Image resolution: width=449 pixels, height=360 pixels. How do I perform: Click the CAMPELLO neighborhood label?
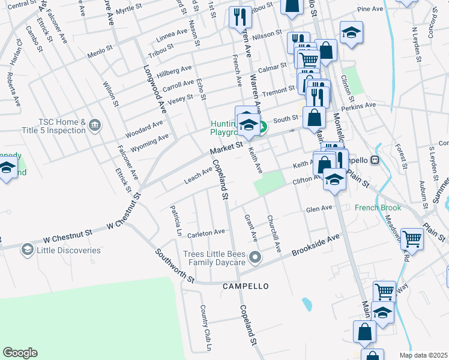246,286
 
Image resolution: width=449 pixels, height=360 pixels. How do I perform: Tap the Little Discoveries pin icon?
27,249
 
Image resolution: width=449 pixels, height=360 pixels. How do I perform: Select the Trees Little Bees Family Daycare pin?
255,257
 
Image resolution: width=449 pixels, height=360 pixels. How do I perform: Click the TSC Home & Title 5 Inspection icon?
94,125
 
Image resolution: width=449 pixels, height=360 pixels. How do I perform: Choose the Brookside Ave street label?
316,244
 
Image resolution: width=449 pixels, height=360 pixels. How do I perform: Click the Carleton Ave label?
206,232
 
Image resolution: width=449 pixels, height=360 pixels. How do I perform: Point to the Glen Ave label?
319,209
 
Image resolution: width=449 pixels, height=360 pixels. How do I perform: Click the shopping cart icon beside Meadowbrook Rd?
412,238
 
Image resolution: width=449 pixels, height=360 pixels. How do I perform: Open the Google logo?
20,353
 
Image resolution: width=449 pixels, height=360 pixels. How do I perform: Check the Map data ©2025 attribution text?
427,355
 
